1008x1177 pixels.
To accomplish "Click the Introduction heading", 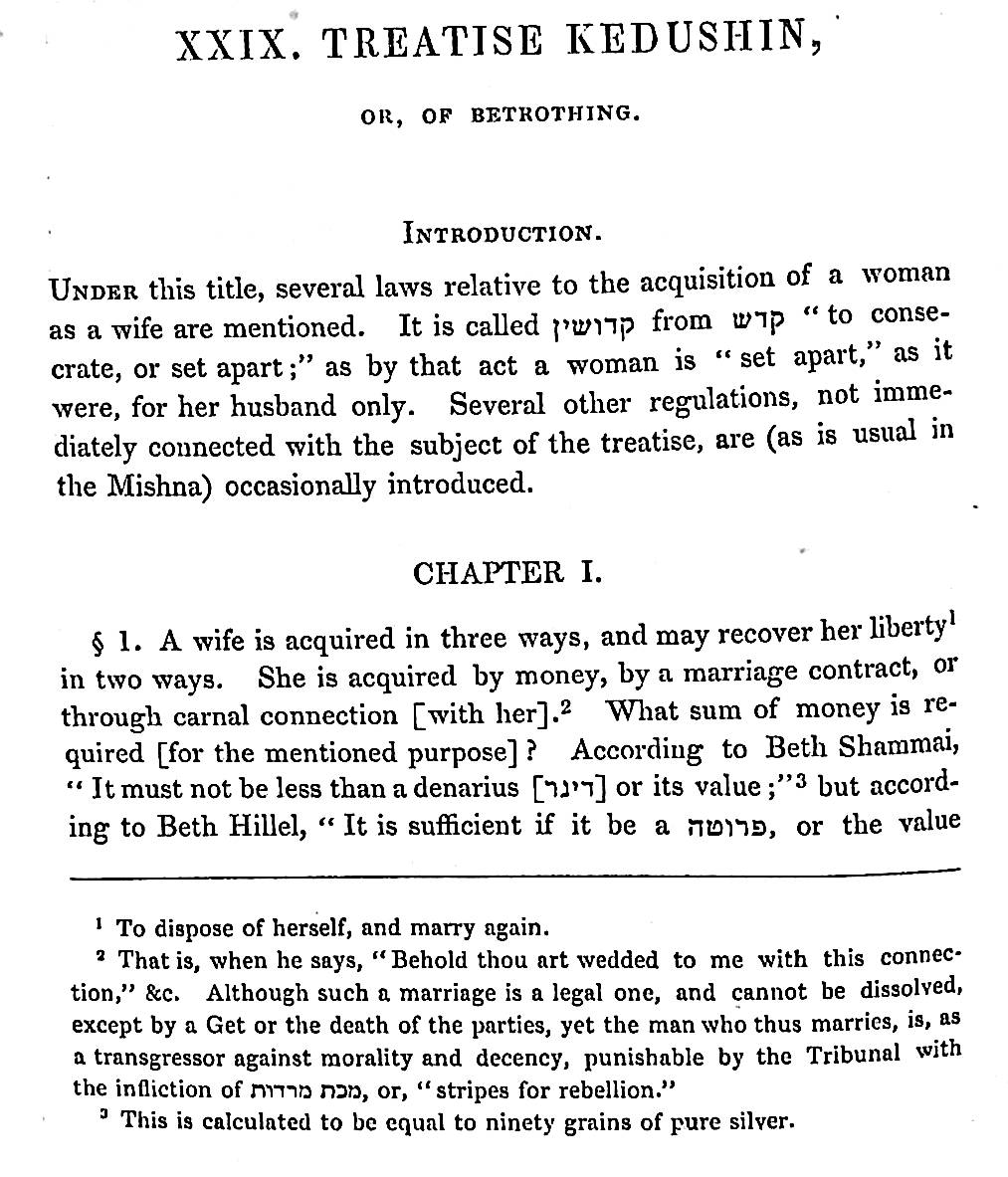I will coord(503,234).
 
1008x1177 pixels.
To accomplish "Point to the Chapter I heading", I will coord(506,573).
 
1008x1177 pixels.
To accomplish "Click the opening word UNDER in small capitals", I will coord(94,292).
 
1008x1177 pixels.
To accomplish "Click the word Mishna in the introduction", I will coord(154,488).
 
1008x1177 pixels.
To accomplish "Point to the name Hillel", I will coord(262,827).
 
